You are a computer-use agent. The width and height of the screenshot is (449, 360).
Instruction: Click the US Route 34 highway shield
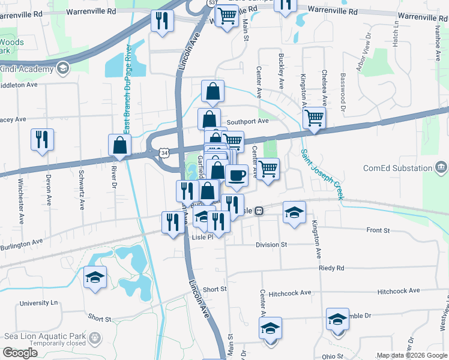click(164, 154)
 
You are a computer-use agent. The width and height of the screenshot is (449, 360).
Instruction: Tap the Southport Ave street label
click(247, 121)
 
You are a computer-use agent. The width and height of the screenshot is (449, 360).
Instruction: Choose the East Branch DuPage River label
click(127, 90)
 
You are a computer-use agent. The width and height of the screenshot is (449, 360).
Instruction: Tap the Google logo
click(20, 353)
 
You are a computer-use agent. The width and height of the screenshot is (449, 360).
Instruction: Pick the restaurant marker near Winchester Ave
click(42, 139)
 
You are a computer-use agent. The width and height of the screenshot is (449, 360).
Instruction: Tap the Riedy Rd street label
click(331, 268)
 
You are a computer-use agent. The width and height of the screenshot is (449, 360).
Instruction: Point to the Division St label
click(271, 245)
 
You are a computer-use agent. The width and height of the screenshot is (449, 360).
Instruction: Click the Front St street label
click(378, 230)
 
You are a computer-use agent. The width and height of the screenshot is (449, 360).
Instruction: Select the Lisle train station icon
click(259, 211)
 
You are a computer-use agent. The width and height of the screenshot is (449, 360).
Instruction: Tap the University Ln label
click(38, 303)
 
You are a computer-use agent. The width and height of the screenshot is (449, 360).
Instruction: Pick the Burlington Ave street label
click(22, 244)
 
